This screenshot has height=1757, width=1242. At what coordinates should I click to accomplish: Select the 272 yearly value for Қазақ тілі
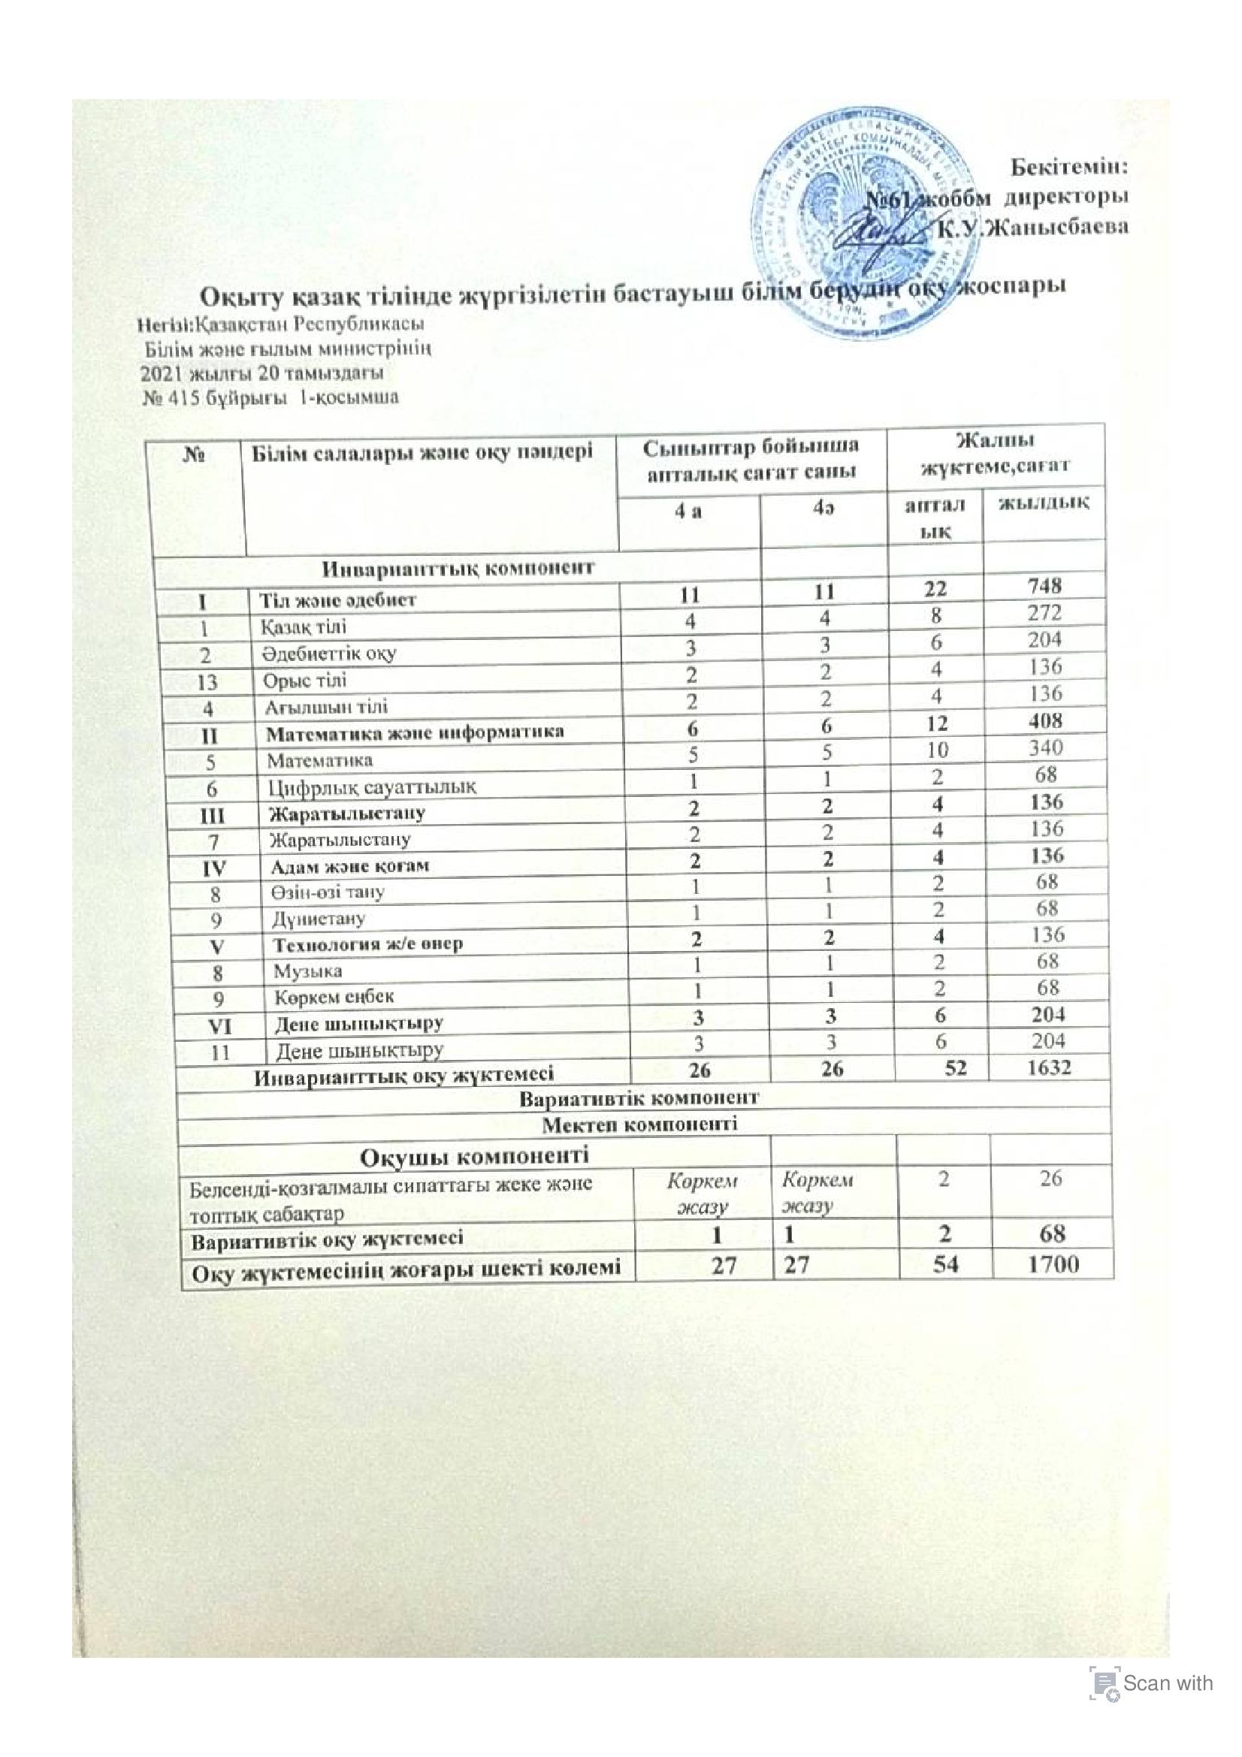click(x=1045, y=613)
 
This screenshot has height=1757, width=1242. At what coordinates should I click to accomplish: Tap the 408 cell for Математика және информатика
click(x=1045, y=720)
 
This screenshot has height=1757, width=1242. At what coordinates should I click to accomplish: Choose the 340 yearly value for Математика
click(x=1045, y=747)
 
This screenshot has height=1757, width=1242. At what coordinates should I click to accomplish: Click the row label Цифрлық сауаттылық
click(x=373, y=786)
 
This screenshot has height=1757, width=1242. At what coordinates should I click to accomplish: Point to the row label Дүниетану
click(x=319, y=917)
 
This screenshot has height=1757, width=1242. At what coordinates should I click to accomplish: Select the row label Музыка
click(x=308, y=971)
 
